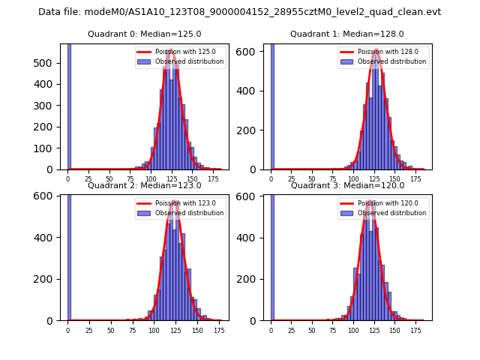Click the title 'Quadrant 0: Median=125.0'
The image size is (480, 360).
[x=144, y=34]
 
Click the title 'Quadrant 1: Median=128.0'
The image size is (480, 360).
[x=347, y=34]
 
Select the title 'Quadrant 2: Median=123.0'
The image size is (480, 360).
[x=144, y=185]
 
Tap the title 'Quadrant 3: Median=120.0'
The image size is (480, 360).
[x=347, y=185]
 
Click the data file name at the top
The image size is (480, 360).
[x=239, y=12]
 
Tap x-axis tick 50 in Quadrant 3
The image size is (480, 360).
[x=313, y=329]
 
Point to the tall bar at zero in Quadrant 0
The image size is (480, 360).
[x=69, y=105]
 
